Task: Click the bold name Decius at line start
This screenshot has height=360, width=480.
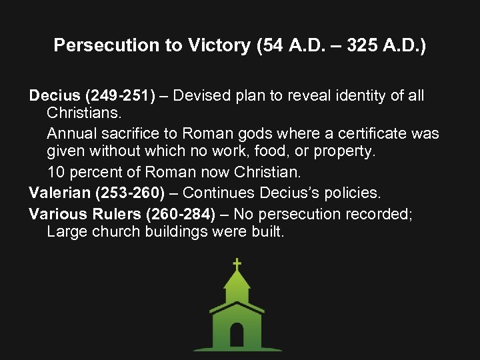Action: (x=51, y=95)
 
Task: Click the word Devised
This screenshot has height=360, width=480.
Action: (x=205, y=95)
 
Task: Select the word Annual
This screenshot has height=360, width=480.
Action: (x=72, y=133)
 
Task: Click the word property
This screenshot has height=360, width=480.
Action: (x=343, y=153)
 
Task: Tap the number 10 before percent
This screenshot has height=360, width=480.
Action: (x=56, y=172)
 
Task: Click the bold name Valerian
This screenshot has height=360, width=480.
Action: (x=58, y=193)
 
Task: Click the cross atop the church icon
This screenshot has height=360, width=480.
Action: (x=237, y=265)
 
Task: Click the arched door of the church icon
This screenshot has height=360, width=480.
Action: (x=237, y=335)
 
